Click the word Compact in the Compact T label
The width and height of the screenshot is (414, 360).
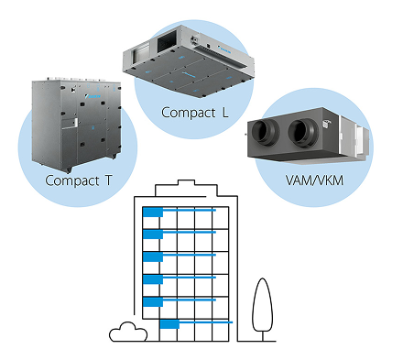point(72,180)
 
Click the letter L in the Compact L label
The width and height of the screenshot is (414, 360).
point(225,113)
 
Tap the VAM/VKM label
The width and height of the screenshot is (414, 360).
point(314,180)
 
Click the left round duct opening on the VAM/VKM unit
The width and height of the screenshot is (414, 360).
point(266,132)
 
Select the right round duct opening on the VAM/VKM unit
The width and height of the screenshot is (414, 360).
point(303,133)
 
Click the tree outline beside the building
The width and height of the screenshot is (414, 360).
point(262,305)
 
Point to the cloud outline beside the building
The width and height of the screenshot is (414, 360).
point(128,332)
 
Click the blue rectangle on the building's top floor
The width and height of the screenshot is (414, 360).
point(153,212)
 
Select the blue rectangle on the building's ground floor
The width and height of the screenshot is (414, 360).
point(169,324)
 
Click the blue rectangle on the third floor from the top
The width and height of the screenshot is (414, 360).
point(153,256)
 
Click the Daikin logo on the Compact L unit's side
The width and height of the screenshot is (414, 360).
point(226,49)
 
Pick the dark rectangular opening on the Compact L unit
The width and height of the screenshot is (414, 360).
point(167,42)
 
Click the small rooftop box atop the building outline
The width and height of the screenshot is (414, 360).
point(186,182)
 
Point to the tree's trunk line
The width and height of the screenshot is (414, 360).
point(263,336)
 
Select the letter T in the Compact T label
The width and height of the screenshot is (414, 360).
point(108,180)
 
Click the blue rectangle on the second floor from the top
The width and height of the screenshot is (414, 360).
point(153,235)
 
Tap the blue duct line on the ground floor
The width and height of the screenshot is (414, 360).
point(206,322)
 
